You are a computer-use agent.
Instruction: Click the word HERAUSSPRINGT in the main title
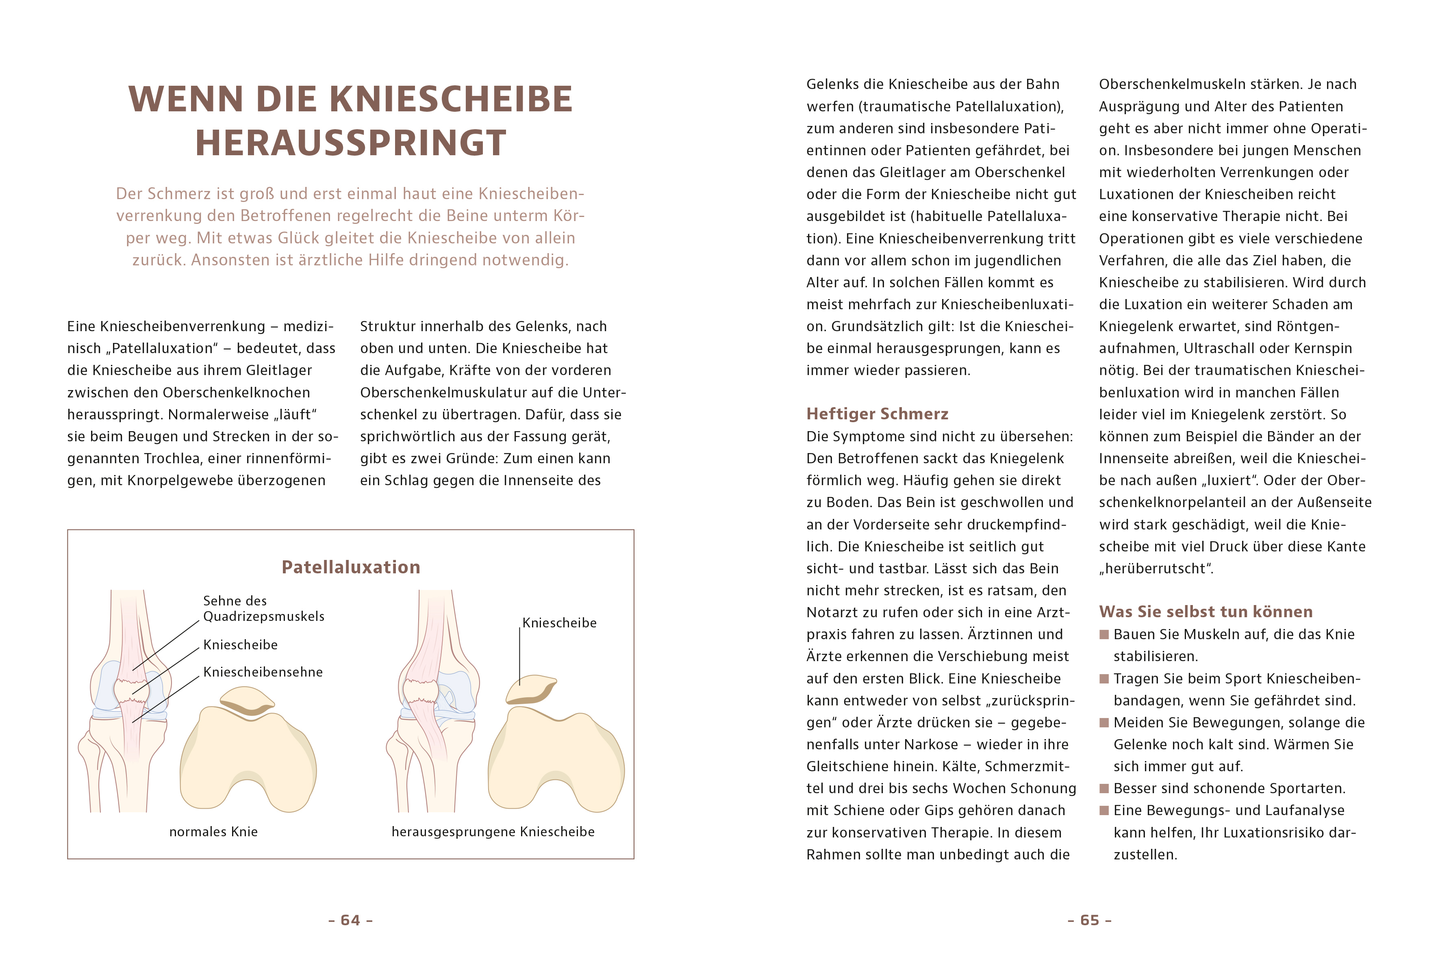351,143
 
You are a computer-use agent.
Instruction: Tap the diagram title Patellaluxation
351,567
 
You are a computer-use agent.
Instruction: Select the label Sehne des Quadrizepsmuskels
263,608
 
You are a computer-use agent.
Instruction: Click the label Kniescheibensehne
263,672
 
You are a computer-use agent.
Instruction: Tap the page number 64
350,920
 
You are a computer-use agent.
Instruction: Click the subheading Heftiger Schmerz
877,414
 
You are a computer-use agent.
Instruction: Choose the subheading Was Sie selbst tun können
1205,612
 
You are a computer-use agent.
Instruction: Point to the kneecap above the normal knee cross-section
247,701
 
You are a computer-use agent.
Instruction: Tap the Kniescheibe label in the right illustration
559,623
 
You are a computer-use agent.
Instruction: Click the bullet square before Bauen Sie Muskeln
1103,634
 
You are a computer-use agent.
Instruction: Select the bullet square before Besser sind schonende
1103,789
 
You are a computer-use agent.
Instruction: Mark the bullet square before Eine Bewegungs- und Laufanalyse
1103,810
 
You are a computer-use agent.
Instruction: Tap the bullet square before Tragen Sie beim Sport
1103,679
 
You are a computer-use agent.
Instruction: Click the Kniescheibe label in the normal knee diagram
241,645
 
